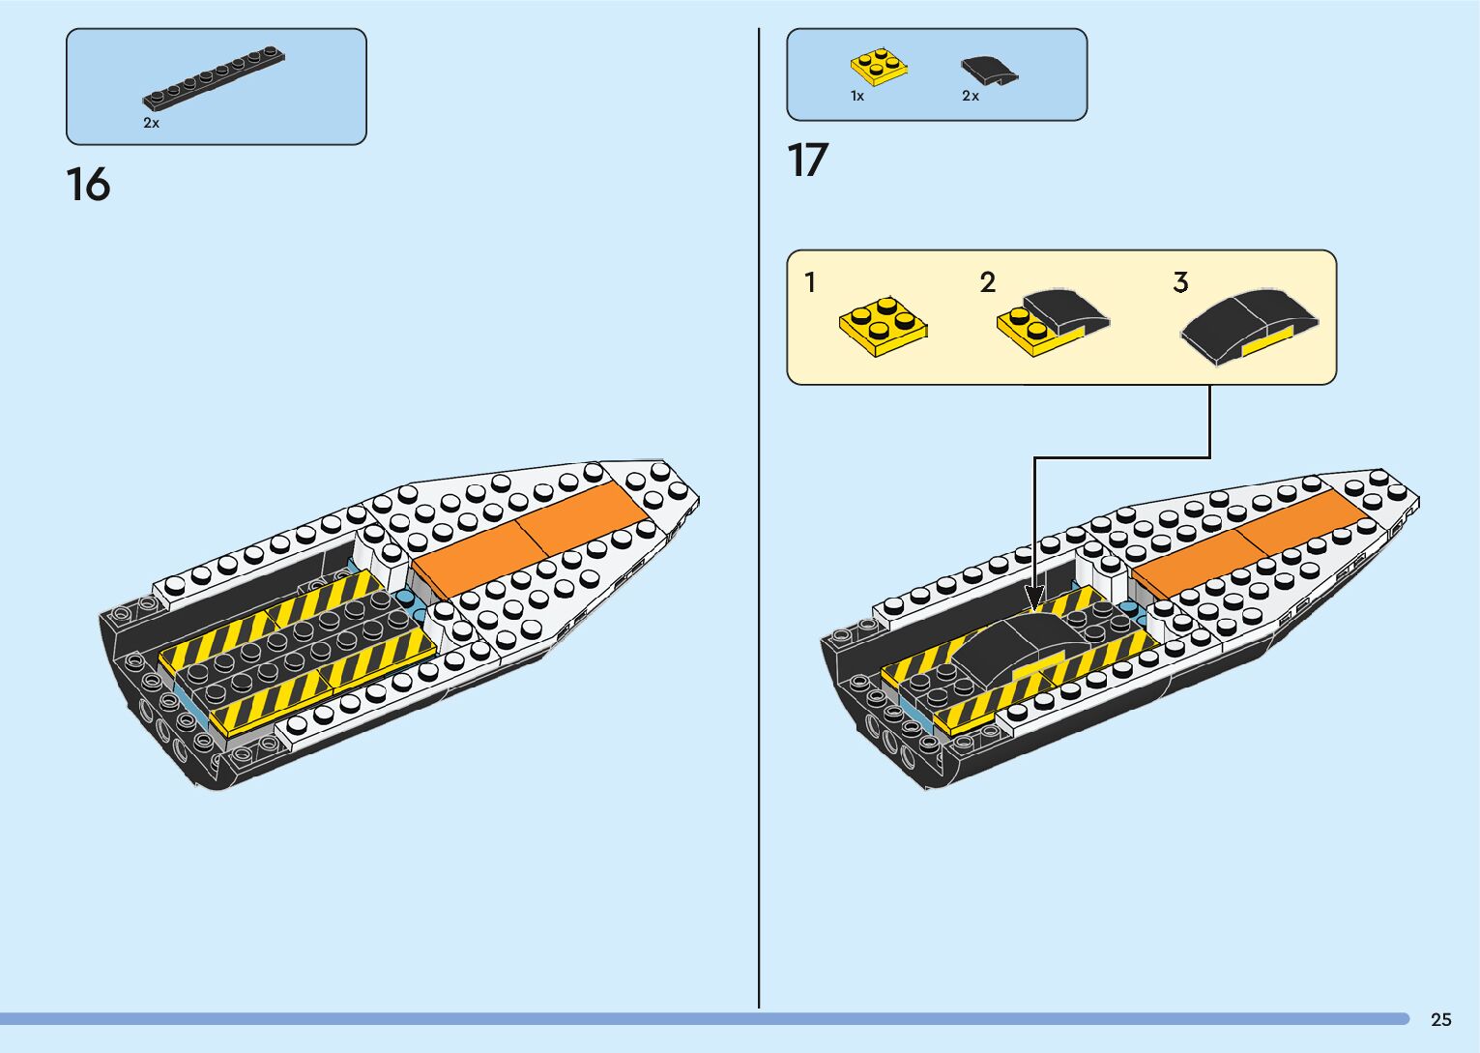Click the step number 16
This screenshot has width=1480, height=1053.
click(88, 184)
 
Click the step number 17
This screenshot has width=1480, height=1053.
click(808, 161)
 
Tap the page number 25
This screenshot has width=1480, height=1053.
click(1440, 1019)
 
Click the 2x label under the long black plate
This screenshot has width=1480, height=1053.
click(151, 123)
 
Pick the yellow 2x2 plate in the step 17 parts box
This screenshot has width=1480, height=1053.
click(879, 66)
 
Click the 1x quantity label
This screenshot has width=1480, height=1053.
click(857, 96)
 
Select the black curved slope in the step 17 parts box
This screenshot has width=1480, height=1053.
click(989, 71)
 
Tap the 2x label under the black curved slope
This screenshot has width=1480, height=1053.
click(971, 96)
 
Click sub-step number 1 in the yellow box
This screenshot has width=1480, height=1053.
click(810, 282)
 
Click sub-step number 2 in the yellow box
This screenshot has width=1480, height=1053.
click(987, 282)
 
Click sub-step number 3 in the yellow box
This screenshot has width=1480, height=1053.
click(1180, 282)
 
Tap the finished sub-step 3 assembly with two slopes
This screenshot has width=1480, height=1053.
click(1249, 324)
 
